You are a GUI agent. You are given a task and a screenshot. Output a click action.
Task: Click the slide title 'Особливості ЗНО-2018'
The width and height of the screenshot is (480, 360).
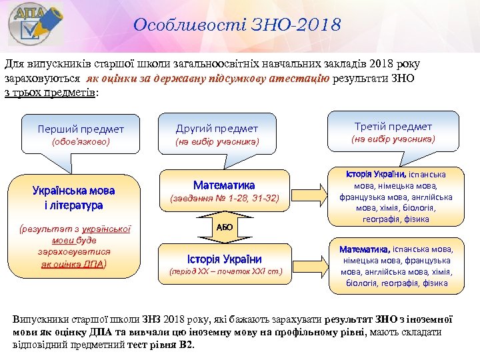237,25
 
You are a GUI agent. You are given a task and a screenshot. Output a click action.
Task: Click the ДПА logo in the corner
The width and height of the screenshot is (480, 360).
35,25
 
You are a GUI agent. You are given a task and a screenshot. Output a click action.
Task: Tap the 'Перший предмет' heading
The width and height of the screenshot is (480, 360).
81,129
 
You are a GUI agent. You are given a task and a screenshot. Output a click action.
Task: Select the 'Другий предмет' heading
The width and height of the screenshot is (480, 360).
217,128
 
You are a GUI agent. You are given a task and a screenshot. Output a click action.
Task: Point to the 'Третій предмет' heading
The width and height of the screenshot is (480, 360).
393,126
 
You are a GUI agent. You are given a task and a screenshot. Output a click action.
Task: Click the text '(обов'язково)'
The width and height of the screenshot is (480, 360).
81,142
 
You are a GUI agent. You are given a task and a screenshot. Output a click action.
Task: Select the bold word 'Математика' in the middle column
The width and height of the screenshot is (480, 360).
224,185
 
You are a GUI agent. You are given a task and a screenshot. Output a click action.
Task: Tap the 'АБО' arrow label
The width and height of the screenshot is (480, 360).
225,227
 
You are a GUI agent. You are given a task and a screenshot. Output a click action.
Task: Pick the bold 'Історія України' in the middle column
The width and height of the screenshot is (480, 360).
224,259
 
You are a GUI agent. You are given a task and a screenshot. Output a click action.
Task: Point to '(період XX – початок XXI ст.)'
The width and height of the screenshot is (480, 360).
225,272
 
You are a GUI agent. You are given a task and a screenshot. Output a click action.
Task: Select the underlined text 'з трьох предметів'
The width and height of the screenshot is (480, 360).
51,92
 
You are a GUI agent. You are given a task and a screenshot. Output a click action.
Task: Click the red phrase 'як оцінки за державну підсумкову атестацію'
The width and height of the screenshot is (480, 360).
207,78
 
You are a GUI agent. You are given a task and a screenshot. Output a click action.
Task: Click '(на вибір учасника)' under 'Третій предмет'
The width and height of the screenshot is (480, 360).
393,139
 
